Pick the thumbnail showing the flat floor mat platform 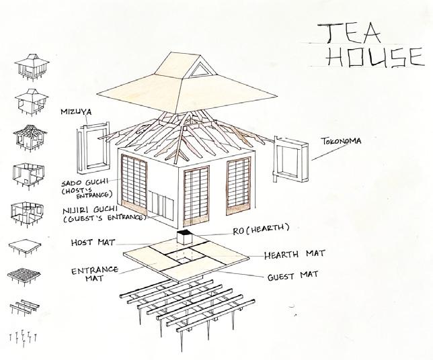tap(24, 247)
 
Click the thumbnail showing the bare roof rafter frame tap(25, 138)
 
